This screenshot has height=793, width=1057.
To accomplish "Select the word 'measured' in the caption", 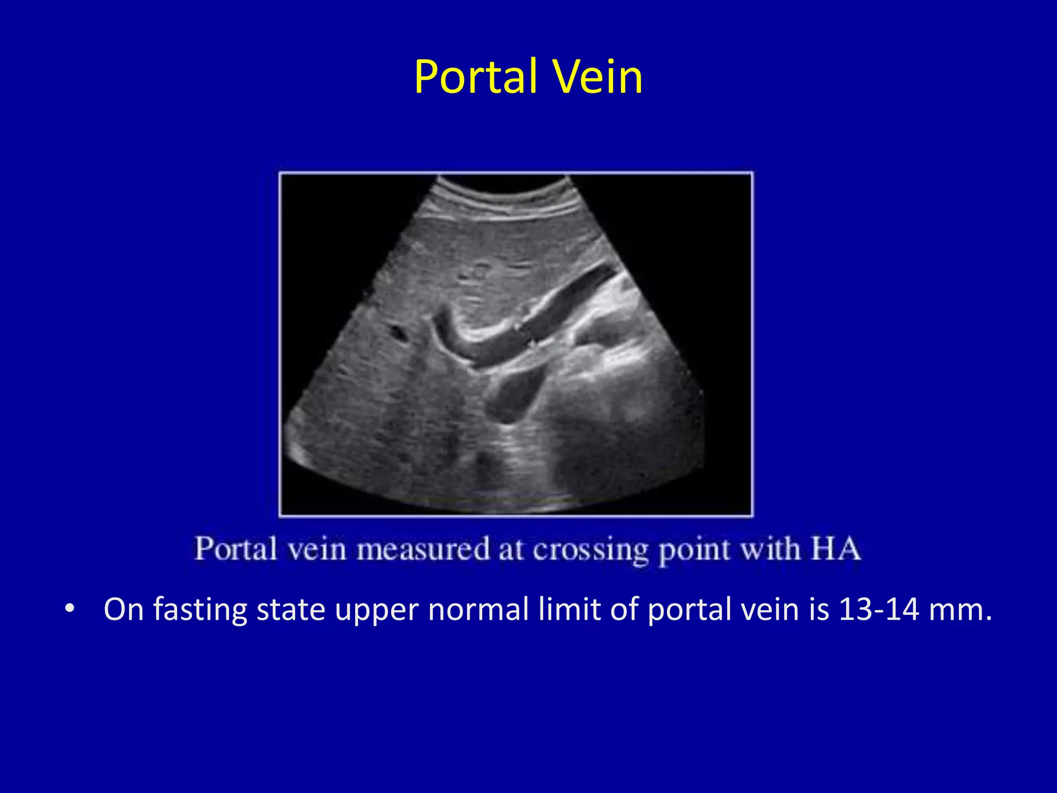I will tap(423, 549).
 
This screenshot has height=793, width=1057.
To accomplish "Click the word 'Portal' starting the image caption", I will tap(235, 549).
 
